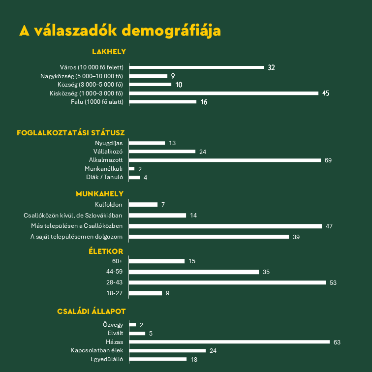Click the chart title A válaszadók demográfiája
[120, 30]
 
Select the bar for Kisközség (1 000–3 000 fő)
[224, 93]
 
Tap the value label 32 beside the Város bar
[271, 67]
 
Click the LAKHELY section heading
[109, 51]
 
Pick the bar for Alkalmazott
[225, 160]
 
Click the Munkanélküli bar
[132, 169]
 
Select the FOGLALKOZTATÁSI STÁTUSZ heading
[71, 132]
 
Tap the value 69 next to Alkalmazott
[328, 160]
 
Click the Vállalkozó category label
[108, 152]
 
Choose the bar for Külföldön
[143, 204]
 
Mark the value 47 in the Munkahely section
[329, 226]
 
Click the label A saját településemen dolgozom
[76, 237]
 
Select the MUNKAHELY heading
[99, 194]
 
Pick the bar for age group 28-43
[227, 282]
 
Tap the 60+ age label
[117, 261]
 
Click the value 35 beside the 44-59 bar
[266, 272]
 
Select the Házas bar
[229, 341]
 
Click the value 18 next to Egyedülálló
[194, 359]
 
